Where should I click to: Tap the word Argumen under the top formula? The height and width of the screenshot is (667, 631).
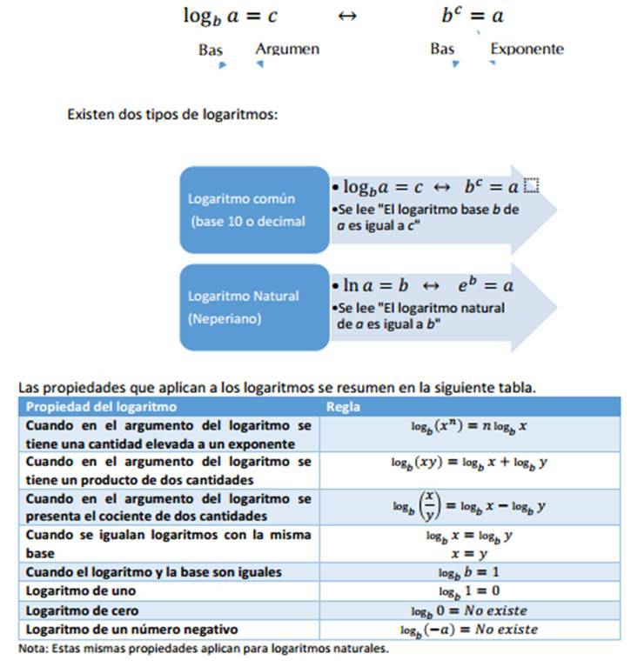tap(286, 50)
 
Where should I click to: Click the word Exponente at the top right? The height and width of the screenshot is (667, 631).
tap(527, 50)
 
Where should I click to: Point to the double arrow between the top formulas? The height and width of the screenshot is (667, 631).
tap(346, 17)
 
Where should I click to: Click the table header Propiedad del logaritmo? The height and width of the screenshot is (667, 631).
tap(101, 406)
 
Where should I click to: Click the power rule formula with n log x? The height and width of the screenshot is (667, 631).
tap(469, 428)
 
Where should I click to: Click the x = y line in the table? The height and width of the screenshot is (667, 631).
tap(469, 553)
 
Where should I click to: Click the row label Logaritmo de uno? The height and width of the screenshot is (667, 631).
tap(73, 591)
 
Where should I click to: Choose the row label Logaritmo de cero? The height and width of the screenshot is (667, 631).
tap(82, 610)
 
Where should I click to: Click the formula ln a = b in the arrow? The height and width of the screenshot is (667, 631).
tap(366, 284)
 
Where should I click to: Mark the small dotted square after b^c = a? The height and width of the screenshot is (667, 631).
tap(532, 186)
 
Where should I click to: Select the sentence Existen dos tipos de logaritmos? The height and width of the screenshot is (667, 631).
tap(172, 115)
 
